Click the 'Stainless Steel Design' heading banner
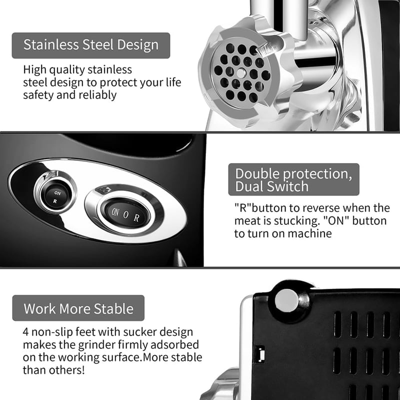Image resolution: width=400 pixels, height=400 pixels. pos(91,45)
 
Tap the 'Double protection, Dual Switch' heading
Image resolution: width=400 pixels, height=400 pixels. pos(293,179)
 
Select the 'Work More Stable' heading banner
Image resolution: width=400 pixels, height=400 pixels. pos(78,308)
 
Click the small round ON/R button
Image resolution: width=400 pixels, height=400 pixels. pos(55,196)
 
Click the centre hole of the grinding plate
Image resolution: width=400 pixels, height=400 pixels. pos(241,73)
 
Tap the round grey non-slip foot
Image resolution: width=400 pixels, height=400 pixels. pos(286,300)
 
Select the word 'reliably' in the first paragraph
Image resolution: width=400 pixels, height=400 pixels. pos(97,95)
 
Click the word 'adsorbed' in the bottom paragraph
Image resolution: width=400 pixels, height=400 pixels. pos(174,344)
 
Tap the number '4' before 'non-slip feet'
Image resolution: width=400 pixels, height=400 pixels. pos(26,332)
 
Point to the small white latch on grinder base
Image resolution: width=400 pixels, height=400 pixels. pos(260,354)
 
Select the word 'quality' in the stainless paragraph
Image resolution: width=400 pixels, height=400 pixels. pos(67,70)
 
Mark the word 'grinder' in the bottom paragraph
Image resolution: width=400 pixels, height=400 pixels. pos(96,345)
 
